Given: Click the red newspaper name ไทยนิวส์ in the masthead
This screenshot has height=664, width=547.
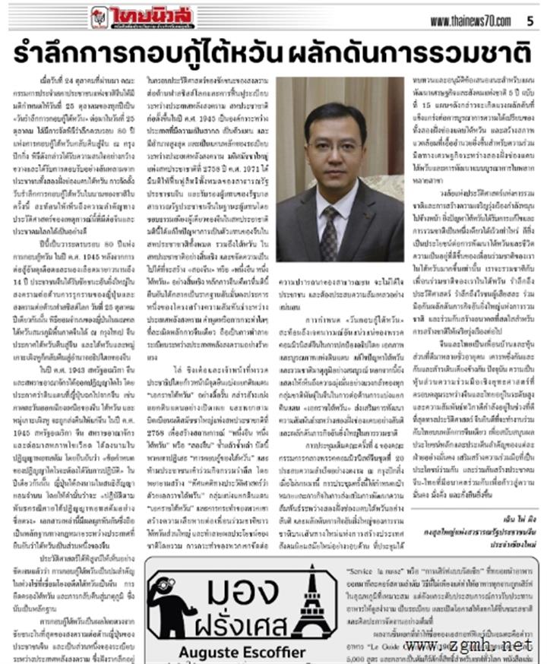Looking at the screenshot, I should (x=152, y=15).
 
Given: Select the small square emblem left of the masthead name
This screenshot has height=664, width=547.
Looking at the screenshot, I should (x=100, y=17).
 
